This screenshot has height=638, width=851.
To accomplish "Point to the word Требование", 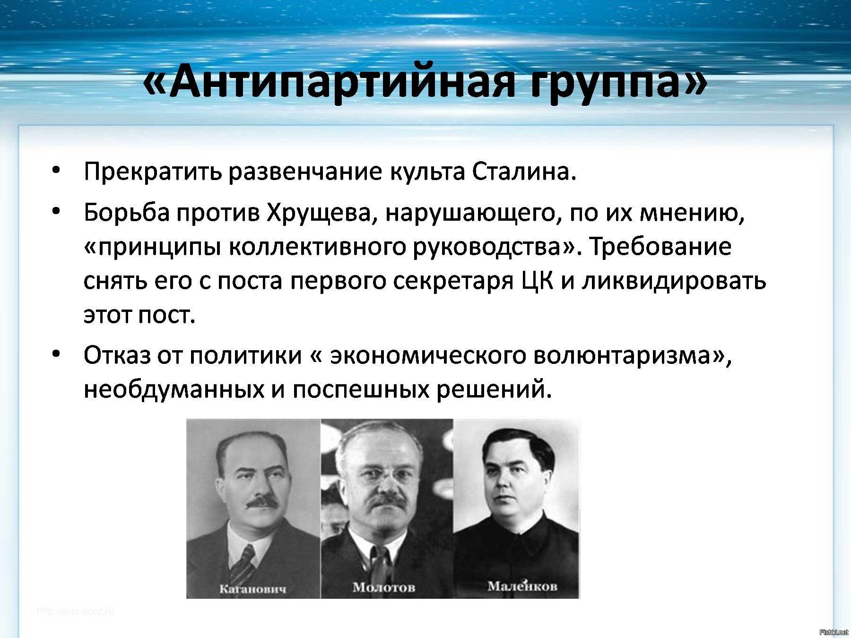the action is (660, 248).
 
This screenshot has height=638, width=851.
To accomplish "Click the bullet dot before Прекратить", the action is (57, 171).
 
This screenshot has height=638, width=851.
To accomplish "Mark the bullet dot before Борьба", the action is (57, 213).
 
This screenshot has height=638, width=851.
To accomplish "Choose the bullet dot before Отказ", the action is (57, 353).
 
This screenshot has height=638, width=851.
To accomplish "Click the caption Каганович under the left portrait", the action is (253, 589).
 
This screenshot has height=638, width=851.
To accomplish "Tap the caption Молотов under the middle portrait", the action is (384, 587).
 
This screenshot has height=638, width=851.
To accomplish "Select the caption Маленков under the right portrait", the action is (522, 586).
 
